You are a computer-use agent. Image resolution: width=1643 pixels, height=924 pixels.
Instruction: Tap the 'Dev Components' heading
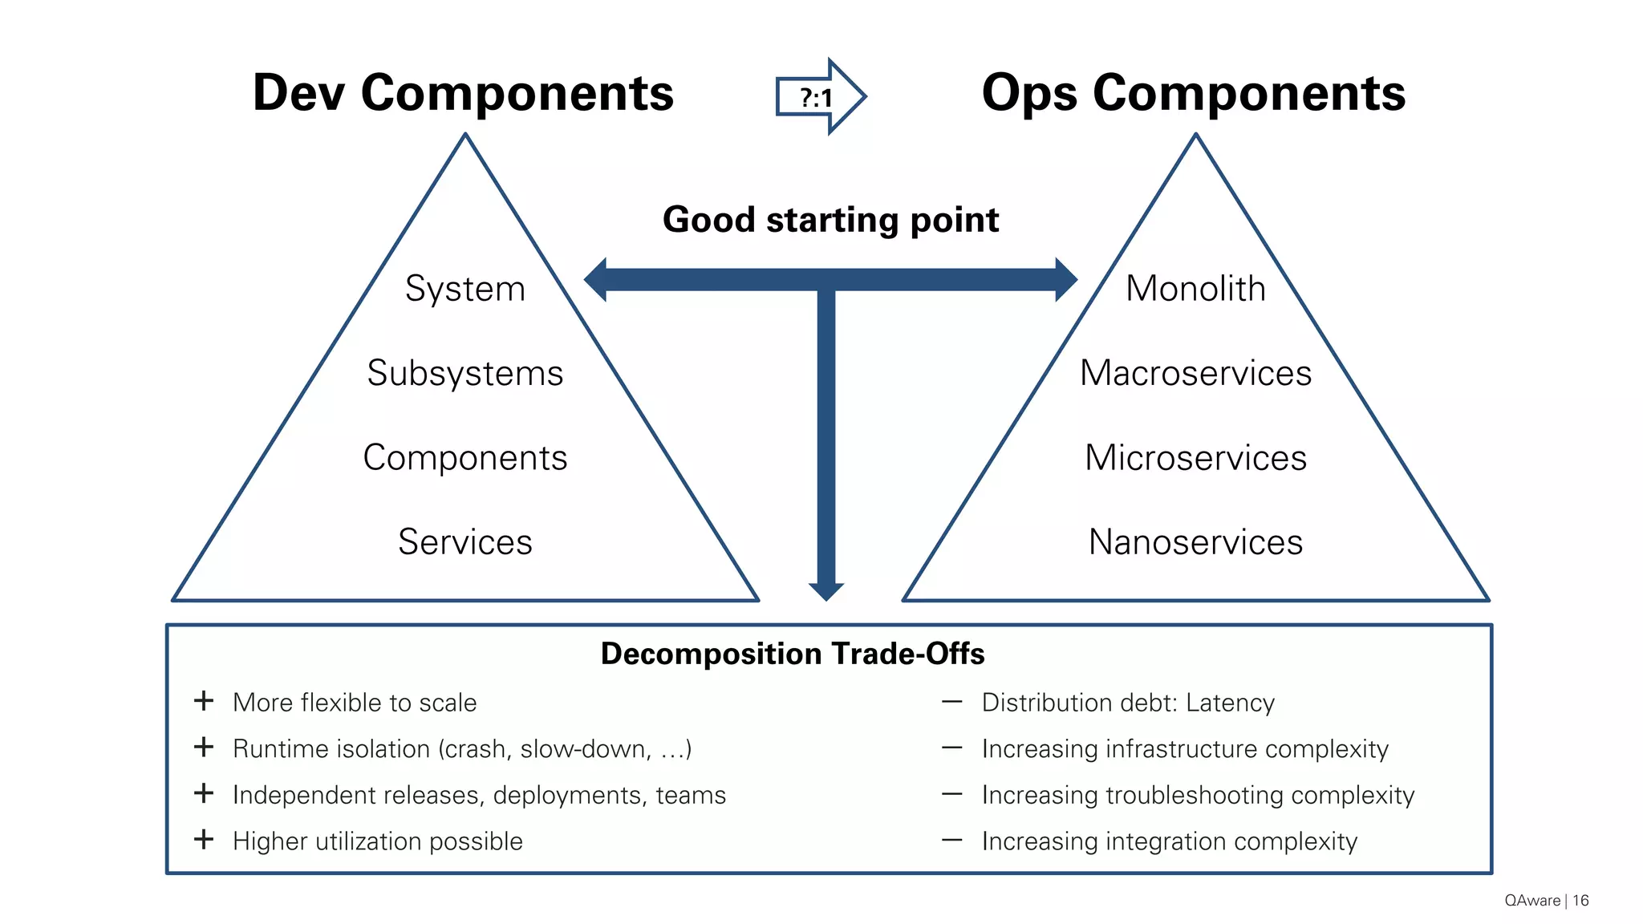point(463,93)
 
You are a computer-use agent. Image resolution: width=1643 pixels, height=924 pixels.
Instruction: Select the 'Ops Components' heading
point(1193,93)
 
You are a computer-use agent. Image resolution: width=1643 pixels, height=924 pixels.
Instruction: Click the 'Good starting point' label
point(830,220)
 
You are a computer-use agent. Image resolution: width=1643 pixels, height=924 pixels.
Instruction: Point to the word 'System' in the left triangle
point(465,289)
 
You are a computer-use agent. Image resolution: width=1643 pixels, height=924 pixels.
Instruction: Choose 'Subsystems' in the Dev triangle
point(465,373)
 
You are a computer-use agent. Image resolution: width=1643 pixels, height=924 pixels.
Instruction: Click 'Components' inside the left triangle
point(465,458)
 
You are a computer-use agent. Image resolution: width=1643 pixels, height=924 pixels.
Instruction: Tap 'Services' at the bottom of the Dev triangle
point(465,542)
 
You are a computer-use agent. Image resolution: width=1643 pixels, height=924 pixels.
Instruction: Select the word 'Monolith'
point(1195,289)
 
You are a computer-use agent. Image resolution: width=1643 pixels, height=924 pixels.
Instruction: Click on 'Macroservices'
point(1195,373)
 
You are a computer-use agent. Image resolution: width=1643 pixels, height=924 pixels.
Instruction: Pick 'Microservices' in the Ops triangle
point(1195,458)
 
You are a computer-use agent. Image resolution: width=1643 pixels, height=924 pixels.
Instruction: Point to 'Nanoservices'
point(1195,542)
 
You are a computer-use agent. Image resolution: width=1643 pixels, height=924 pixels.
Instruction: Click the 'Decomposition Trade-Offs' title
point(793,654)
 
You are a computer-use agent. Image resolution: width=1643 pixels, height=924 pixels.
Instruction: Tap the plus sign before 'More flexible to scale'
point(204,701)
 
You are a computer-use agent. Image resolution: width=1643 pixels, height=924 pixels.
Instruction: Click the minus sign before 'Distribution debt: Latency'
point(951,702)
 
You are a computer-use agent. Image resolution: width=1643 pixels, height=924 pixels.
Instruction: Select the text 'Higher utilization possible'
point(377,841)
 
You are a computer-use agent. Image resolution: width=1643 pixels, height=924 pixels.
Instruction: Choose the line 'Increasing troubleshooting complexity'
point(1198,795)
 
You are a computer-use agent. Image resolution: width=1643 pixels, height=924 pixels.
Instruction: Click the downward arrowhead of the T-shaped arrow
point(826,591)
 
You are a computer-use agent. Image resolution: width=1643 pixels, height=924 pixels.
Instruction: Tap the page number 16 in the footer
point(1580,901)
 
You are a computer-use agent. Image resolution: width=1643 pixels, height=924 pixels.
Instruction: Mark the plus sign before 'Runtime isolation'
point(204,748)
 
